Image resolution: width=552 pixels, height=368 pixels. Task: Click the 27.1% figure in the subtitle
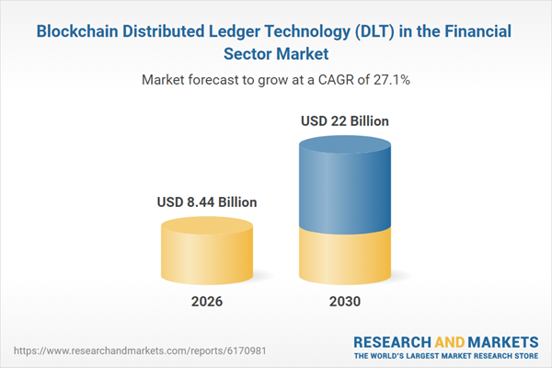390,80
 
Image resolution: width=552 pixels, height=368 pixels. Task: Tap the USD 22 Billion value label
345,121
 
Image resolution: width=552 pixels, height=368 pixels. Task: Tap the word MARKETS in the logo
504,340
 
